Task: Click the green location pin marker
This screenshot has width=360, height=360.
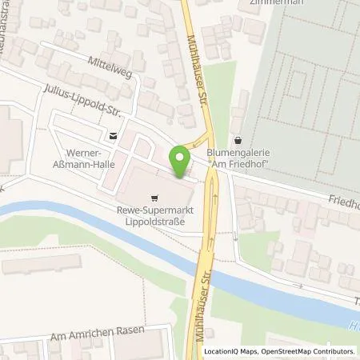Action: tap(180, 162)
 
